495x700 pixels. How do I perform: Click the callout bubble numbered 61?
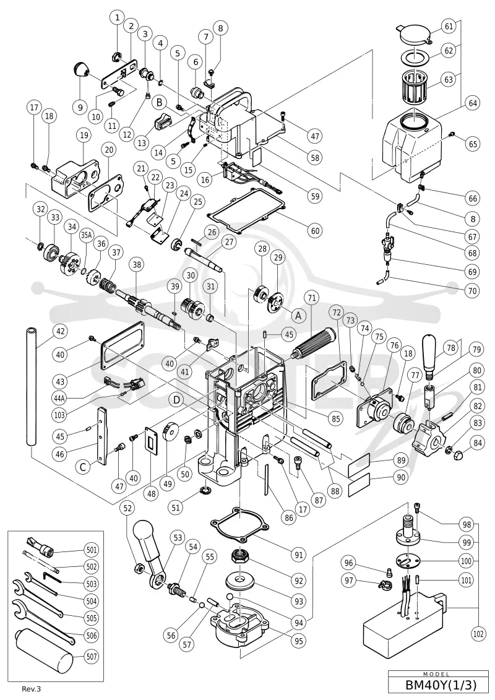click(x=449, y=27)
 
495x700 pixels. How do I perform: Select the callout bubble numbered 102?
click(x=478, y=633)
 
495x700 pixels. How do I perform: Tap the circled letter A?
click(x=299, y=315)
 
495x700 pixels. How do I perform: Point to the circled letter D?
click(x=177, y=400)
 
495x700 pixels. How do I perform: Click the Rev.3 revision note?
click(x=34, y=689)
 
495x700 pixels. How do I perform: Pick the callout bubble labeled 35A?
click(x=86, y=235)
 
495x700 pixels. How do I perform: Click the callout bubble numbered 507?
click(x=92, y=656)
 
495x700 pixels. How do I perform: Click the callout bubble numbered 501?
click(x=92, y=550)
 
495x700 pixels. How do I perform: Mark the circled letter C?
click(x=83, y=467)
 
